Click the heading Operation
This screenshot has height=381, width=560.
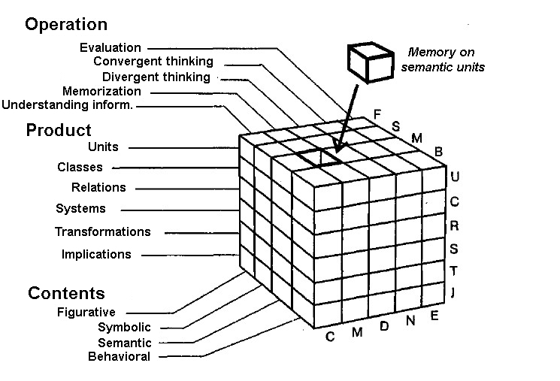coord(66,25)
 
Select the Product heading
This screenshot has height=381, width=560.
coord(59,130)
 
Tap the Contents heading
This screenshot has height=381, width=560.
coord(66,293)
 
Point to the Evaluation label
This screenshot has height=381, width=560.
coord(110,48)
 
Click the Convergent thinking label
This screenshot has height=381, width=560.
coord(153,62)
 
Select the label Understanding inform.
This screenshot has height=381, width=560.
coord(67,105)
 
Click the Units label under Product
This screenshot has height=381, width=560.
coord(103,147)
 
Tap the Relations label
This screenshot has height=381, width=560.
coord(98,188)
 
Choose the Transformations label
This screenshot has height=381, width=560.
coord(103,232)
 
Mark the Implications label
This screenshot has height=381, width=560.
coord(96,255)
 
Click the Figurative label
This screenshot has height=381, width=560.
coord(86,313)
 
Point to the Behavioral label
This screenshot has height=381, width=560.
coord(119,357)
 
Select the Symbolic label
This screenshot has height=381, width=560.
coord(124,328)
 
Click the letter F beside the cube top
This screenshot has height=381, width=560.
coord(377,114)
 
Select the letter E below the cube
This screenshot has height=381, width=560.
coord(434,316)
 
